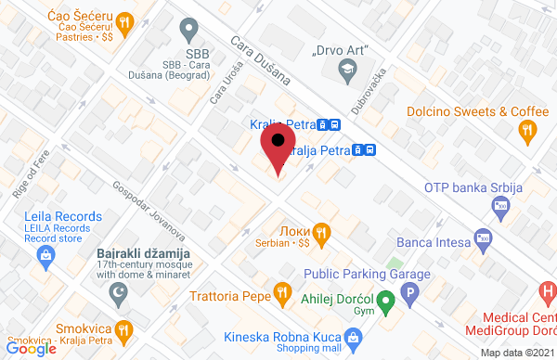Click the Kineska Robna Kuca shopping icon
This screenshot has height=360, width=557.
352,336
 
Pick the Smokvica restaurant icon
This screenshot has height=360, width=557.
121,329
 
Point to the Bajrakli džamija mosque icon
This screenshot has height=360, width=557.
119,293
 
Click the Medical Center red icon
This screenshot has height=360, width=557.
548,295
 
